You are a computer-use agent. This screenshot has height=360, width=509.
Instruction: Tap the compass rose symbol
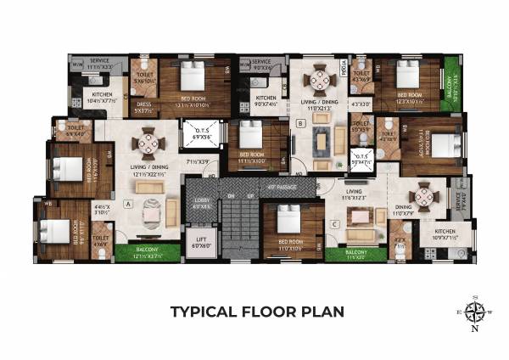pos(474,311)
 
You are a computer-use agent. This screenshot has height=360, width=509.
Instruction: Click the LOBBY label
pos(200,205)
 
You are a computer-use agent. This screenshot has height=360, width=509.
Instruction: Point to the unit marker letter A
pos(126,204)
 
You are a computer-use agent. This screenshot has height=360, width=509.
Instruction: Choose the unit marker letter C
pos(335,224)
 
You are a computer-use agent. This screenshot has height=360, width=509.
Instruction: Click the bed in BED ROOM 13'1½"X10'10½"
pos(191,81)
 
